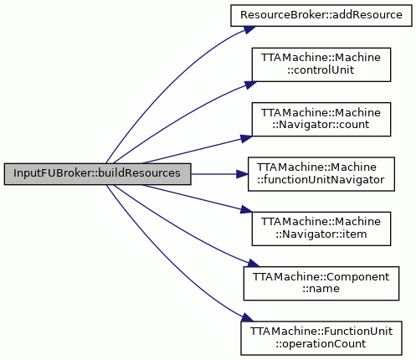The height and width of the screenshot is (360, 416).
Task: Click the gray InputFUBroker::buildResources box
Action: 97,174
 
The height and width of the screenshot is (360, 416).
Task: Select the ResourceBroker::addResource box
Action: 321,16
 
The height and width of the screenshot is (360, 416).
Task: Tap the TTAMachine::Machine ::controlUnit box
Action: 321,64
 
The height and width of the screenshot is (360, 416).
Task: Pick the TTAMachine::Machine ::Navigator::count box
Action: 321,120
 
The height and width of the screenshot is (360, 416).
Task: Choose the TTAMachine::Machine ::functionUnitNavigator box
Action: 321,174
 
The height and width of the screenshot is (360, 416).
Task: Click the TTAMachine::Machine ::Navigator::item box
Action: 321,229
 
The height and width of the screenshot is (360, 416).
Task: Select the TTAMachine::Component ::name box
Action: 321,284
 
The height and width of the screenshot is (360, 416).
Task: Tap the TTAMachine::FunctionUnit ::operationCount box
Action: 321,338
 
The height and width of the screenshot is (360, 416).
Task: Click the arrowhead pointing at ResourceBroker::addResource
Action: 249,29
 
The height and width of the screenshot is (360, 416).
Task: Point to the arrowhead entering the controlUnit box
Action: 250,85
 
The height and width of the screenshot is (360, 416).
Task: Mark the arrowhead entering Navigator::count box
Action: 246,138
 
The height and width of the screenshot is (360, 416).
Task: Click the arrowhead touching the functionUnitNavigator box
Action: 242,174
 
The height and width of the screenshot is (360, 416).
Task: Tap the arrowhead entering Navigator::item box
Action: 246,210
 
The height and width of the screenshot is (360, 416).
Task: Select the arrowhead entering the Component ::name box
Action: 254,263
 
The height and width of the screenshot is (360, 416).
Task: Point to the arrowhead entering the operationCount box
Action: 248,317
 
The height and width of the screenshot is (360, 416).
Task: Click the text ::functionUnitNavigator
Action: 321,180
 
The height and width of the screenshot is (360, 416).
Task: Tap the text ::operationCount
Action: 321,344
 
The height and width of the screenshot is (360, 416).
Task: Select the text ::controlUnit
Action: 321,70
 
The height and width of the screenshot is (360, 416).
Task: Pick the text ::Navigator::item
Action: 321,234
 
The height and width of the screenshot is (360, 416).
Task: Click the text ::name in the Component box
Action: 321,289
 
